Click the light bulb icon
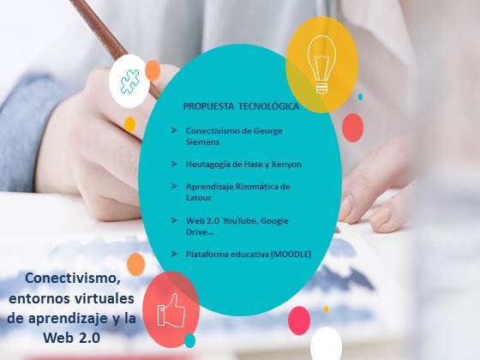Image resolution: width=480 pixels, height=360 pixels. pos(321,64)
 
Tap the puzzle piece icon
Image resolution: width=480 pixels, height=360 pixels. pos(129,81)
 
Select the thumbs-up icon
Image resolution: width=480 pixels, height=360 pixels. pos(171,310)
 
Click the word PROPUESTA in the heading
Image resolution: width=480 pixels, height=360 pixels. pos(208,106)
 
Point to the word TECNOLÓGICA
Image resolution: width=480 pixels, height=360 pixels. pos(268,106)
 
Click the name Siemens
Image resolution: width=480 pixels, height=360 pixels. pos(202,142)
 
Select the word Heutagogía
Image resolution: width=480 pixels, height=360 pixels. pos(207,165)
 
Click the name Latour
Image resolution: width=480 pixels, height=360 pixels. pos(198,198)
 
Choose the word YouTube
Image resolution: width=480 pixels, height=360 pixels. pos(236,221)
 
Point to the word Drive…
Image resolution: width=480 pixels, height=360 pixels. pos(200,232)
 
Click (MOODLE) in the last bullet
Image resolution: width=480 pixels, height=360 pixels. pos(291,255)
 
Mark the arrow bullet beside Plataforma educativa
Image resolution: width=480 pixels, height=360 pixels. pos(174,254)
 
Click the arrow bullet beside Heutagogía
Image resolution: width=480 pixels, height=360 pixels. pos(174,164)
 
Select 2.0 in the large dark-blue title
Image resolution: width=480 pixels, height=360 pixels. pos(89,338)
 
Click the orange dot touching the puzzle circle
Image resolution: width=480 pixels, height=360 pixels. pos(153,70)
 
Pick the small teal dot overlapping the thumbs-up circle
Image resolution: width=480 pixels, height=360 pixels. pos(189,341)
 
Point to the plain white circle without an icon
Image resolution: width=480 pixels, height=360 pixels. pos(326,344)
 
